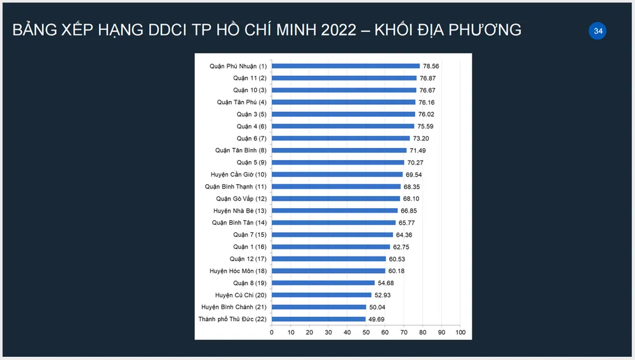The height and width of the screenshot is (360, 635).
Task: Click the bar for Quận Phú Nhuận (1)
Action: click(x=345, y=66)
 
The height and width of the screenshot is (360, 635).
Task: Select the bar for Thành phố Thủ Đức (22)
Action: click(x=318, y=319)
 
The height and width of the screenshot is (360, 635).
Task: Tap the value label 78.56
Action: click(x=432, y=66)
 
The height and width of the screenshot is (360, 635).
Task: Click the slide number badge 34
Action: click(x=598, y=30)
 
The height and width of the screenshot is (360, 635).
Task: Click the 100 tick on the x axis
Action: click(x=460, y=332)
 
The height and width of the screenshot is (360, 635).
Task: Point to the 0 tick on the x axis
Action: click(x=272, y=332)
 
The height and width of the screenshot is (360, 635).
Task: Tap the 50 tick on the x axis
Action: click(x=366, y=332)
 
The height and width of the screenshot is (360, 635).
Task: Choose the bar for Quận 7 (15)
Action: click(x=332, y=235)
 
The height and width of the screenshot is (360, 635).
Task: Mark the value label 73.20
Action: click(x=422, y=138)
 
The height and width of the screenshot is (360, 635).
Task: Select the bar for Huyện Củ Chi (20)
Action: click(x=321, y=295)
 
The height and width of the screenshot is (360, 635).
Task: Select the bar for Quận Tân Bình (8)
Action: click(x=339, y=150)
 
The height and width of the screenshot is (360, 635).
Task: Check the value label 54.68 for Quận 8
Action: click(x=387, y=283)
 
